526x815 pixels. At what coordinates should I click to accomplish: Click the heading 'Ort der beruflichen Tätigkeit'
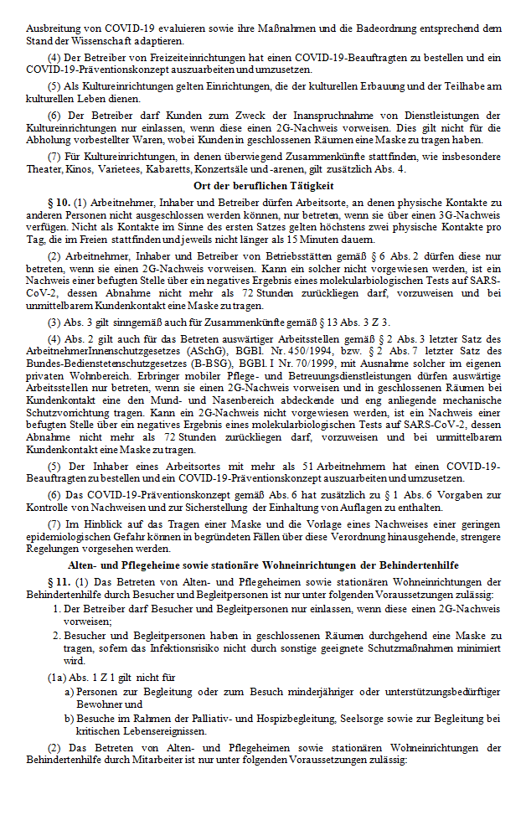pos(262,185)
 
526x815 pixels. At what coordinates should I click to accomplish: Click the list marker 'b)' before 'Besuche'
pos(70,718)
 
